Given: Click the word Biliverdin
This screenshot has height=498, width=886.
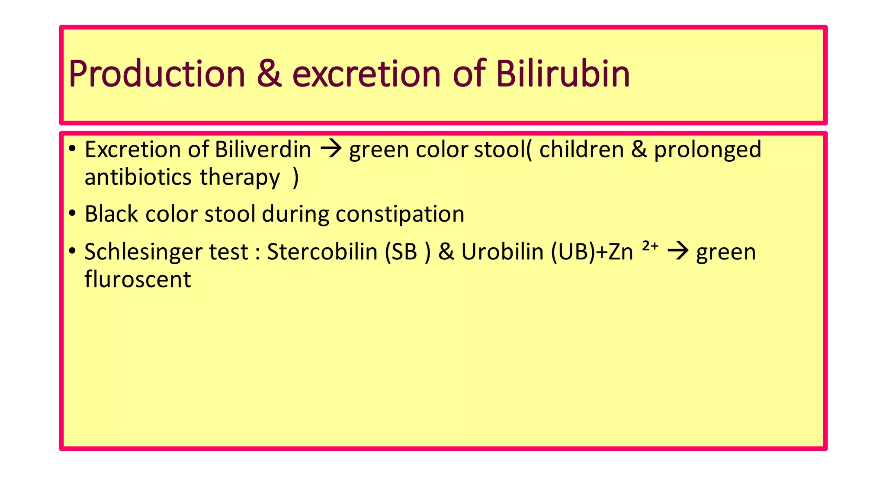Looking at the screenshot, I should point(263,150).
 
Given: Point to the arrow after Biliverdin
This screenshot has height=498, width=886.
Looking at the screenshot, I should point(331,150).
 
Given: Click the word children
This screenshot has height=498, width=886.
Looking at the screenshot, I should point(581,150).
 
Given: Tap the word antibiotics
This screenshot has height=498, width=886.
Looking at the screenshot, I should point(138,177).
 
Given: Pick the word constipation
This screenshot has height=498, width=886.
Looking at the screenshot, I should point(400,215).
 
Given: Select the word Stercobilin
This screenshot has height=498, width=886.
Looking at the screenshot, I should point(322,252).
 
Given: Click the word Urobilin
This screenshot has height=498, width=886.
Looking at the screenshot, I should point(502,252).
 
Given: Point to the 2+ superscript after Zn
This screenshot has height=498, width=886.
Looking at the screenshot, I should point(650,246).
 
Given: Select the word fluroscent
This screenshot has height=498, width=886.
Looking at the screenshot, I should point(137,279).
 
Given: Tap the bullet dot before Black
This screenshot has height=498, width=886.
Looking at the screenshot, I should point(72,213).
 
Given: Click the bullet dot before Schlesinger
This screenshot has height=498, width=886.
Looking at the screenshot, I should point(72,251).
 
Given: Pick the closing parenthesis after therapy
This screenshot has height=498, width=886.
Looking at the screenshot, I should point(295,178).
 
